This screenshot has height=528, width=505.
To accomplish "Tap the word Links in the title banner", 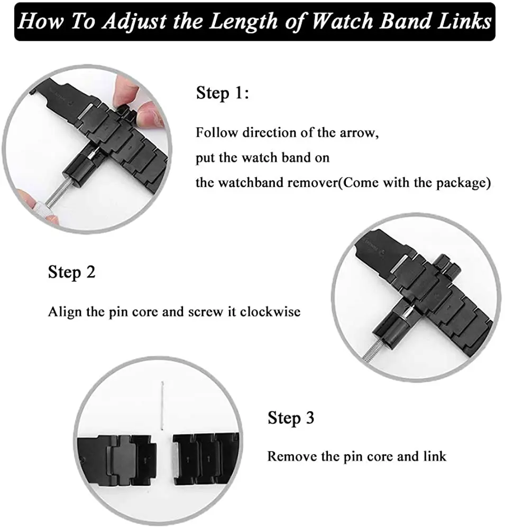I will (462, 22).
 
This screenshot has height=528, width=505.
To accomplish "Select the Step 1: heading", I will (222, 94).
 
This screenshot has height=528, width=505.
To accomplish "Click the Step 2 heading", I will (72, 272).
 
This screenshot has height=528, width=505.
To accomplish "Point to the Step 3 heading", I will (291, 418).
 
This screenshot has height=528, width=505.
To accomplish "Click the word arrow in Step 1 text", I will (357, 133).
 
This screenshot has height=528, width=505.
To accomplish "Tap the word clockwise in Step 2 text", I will (270, 312).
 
